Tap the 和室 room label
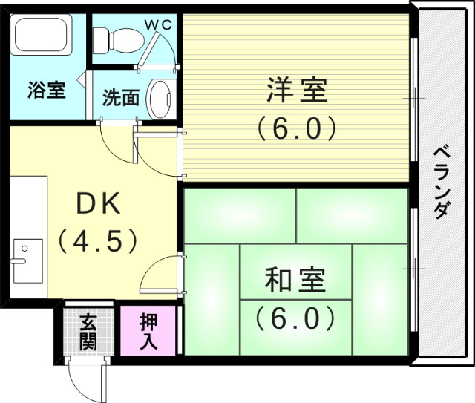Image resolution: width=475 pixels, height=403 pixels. pos(295,283)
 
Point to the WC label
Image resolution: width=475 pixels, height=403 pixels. pos(157,24)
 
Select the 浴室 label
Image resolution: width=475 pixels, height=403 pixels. pos(47,91)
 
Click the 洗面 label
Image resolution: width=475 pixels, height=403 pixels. pos(121,97)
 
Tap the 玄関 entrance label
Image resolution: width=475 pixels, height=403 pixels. pos(88,331)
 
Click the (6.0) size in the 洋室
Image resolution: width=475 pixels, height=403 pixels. pos(295,128)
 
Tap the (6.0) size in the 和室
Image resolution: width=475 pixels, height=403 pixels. pos(295,318)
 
